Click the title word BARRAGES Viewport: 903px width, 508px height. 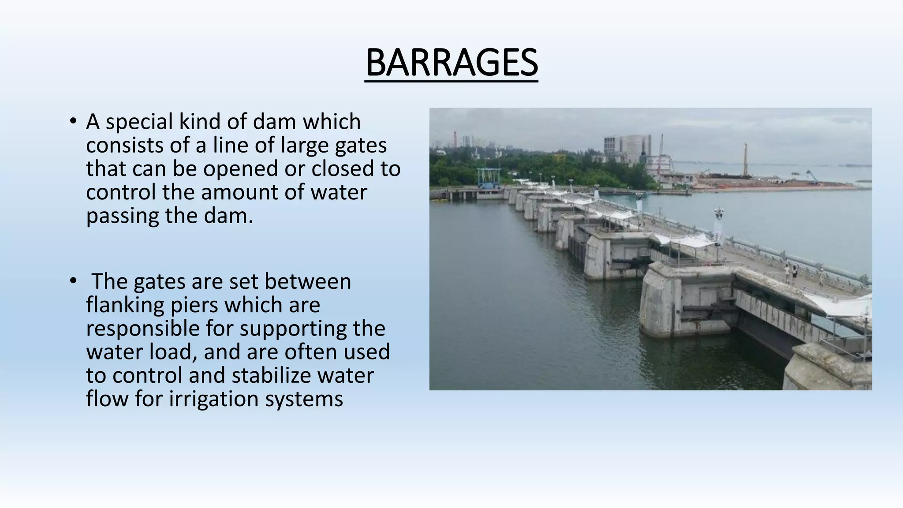pos(451,63)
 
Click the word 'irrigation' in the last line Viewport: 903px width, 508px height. pos(214,399)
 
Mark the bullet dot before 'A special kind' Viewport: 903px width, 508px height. pos(73,121)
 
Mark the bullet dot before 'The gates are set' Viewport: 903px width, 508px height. pos(73,281)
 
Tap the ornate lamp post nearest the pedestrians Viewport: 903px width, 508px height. pos(719,225)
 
